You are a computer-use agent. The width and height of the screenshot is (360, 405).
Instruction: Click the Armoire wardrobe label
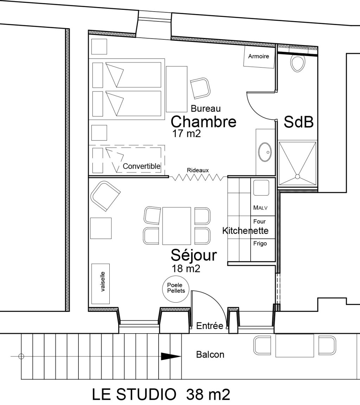click(258, 56)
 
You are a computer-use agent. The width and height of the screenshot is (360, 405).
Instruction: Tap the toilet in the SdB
click(297, 64)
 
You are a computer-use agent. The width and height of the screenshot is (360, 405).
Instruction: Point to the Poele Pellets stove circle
click(176, 288)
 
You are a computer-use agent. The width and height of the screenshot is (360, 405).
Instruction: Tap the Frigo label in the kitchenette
click(260, 243)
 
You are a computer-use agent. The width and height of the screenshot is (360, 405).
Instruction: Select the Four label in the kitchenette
click(259, 222)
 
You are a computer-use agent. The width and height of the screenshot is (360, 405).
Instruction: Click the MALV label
click(260, 208)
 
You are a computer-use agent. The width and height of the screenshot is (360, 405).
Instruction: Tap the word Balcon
click(210, 354)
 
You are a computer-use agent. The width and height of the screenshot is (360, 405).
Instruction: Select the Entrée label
click(210, 326)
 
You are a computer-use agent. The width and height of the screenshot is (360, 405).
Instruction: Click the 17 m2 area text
click(186, 134)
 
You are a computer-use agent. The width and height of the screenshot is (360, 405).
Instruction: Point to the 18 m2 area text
click(186, 269)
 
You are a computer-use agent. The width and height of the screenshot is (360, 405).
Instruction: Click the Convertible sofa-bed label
click(142, 166)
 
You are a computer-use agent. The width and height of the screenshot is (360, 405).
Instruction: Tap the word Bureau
click(206, 108)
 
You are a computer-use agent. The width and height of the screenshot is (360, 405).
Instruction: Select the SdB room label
click(298, 123)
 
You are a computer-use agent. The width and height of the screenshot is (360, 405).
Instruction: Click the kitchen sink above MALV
click(261, 188)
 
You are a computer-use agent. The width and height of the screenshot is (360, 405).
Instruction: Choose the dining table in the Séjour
click(176, 226)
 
